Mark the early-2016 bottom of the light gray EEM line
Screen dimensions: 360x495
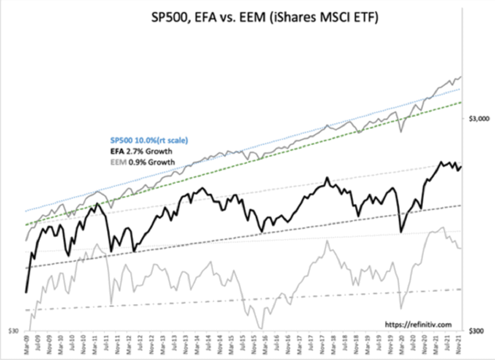(x=261, y=329)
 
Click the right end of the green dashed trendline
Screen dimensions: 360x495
(x=461, y=102)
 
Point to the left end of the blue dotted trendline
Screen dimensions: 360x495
(x=26, y=211)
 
